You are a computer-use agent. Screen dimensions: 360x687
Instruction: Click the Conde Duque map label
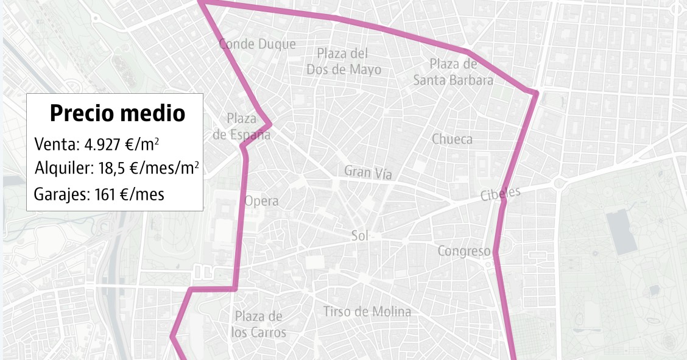[x=257, y=44]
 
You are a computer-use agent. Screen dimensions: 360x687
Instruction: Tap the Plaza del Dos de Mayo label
[x=343, y=62]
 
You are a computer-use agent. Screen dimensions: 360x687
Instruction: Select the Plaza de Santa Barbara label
[x=453, y=72]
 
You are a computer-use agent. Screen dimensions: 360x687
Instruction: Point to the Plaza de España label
[x=242, y=127]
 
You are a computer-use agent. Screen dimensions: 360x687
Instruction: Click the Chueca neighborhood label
[x=452, y=139]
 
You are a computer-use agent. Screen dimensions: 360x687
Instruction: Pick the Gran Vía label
[x=368, y=172]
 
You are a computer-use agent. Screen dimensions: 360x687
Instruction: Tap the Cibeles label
[x=501, y=194]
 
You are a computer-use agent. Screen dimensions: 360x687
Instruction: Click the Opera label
[x=261, y=201]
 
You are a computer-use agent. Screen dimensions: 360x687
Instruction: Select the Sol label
[x=360, y=236]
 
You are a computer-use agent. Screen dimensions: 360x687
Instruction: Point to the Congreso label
[x=464, y=251]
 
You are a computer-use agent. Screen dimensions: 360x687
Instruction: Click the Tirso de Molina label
[x=367, y=312]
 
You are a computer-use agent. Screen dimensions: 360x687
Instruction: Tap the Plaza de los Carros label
[x=259, y=325]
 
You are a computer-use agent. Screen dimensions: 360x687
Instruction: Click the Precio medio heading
[x=118, y=113]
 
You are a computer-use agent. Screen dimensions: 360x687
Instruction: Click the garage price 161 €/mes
[x=130, y=195]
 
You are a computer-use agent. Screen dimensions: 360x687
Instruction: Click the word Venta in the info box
[x=55, y=144]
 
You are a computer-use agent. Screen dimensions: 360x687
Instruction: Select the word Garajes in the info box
[x=60, y=195]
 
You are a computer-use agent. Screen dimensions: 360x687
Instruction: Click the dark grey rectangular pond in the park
[x=621, y=232]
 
